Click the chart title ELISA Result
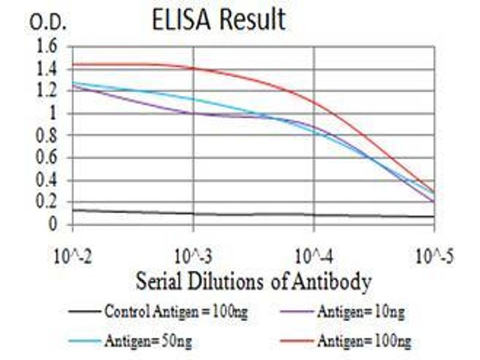pyautogui.click(x=218, y=20)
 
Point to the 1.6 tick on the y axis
pyautogui.click(x=47, y=47)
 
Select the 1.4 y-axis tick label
pyautogui.click(x=47, y=69)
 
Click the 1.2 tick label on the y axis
pyautogui.click(x=47, y=91)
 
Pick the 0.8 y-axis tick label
pyautogui.click(x=47, y=136)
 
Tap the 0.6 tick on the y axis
pyautogui.click(x=47, y=158)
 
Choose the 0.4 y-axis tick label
pyautogui.click(x=47, y=180)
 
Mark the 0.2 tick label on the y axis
pyautogui.click(x=47, y=202)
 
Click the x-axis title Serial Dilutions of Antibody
pyautogui.click(x=253, y=280)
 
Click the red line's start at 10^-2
pyautogui.click(x=73, y=64)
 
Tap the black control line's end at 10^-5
pyautogui.click(x=434, y=217)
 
